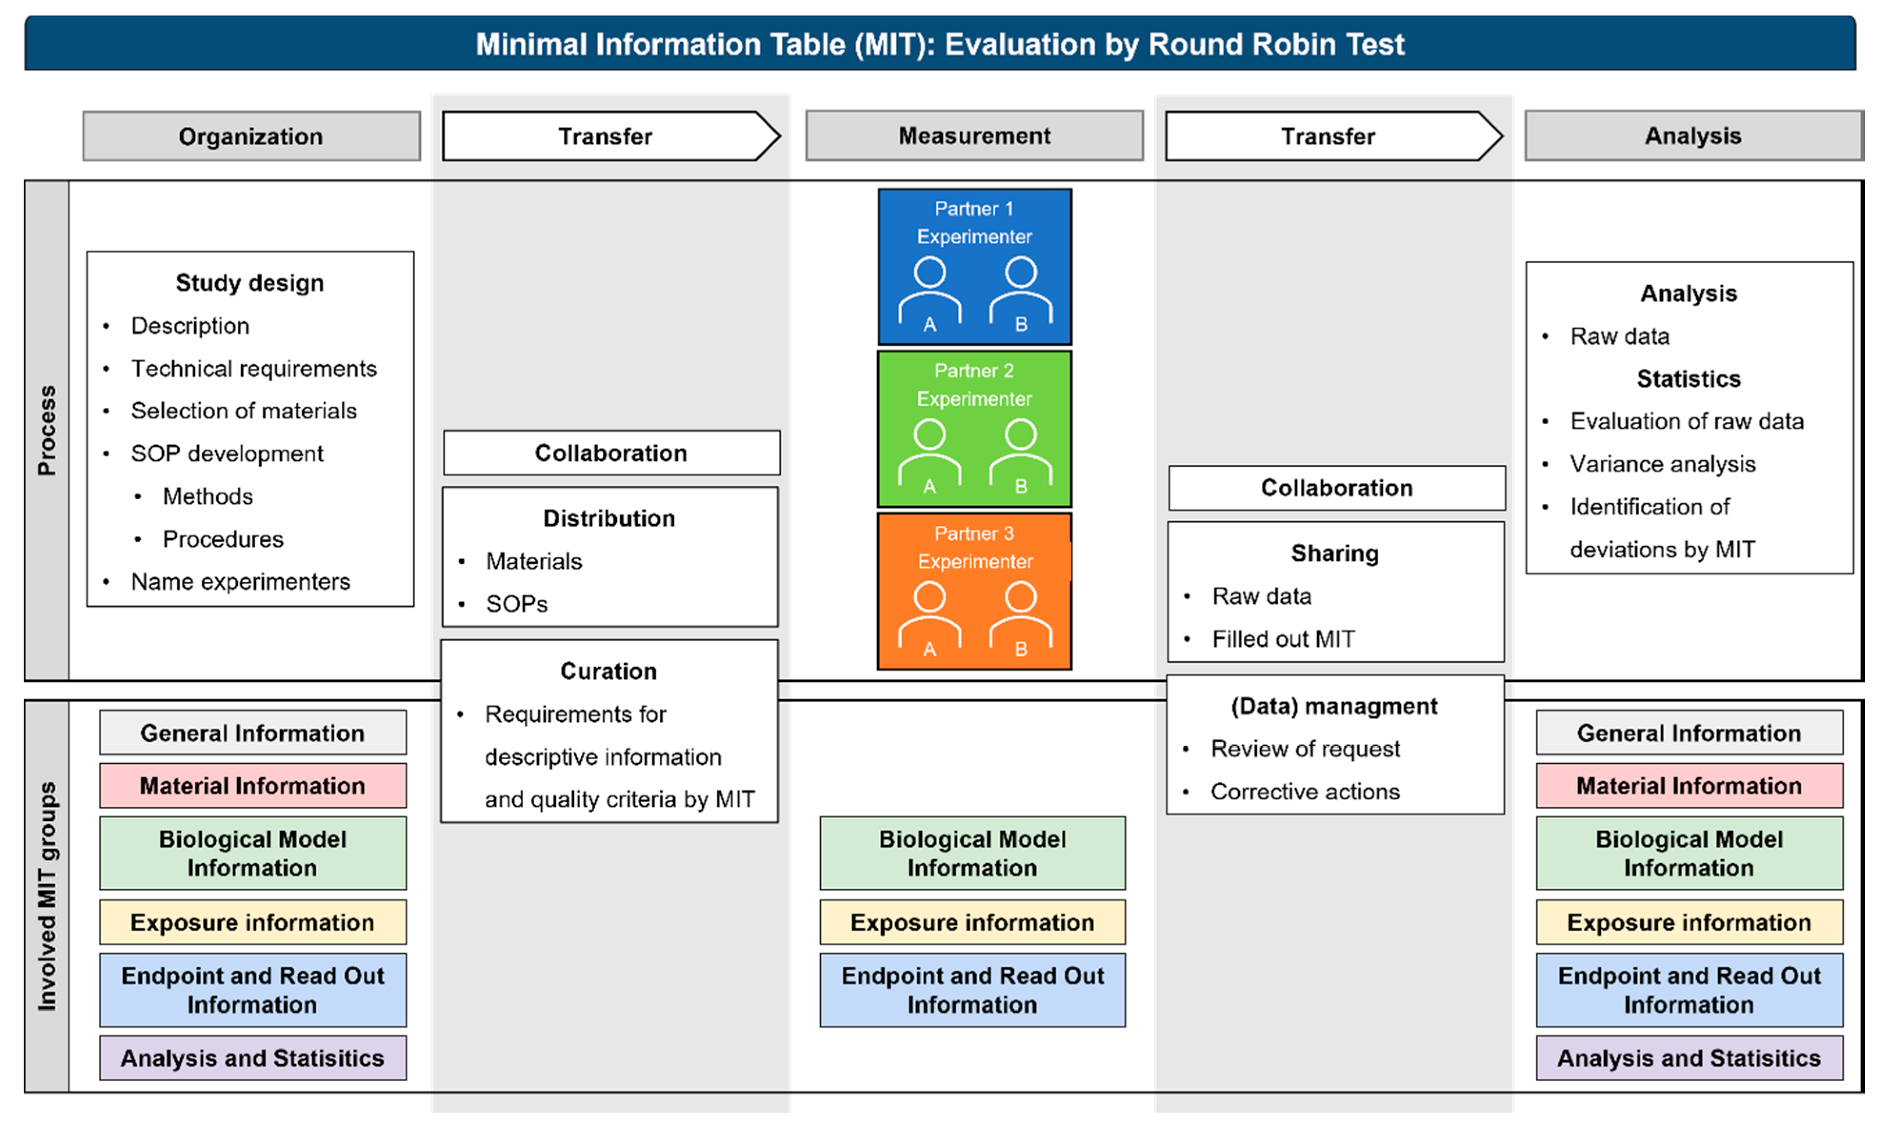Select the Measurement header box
point(975,136)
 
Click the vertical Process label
point(47,430)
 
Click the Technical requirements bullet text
point(254,369)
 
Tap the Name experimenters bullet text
point(240,582)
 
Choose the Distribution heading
point(609,518)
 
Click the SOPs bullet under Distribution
point(517,604)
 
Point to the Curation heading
point(608,672)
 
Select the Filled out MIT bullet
point(1283,639)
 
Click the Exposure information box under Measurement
point(972,922)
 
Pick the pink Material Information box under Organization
point(252,785)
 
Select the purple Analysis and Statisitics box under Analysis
point(1689,1058)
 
